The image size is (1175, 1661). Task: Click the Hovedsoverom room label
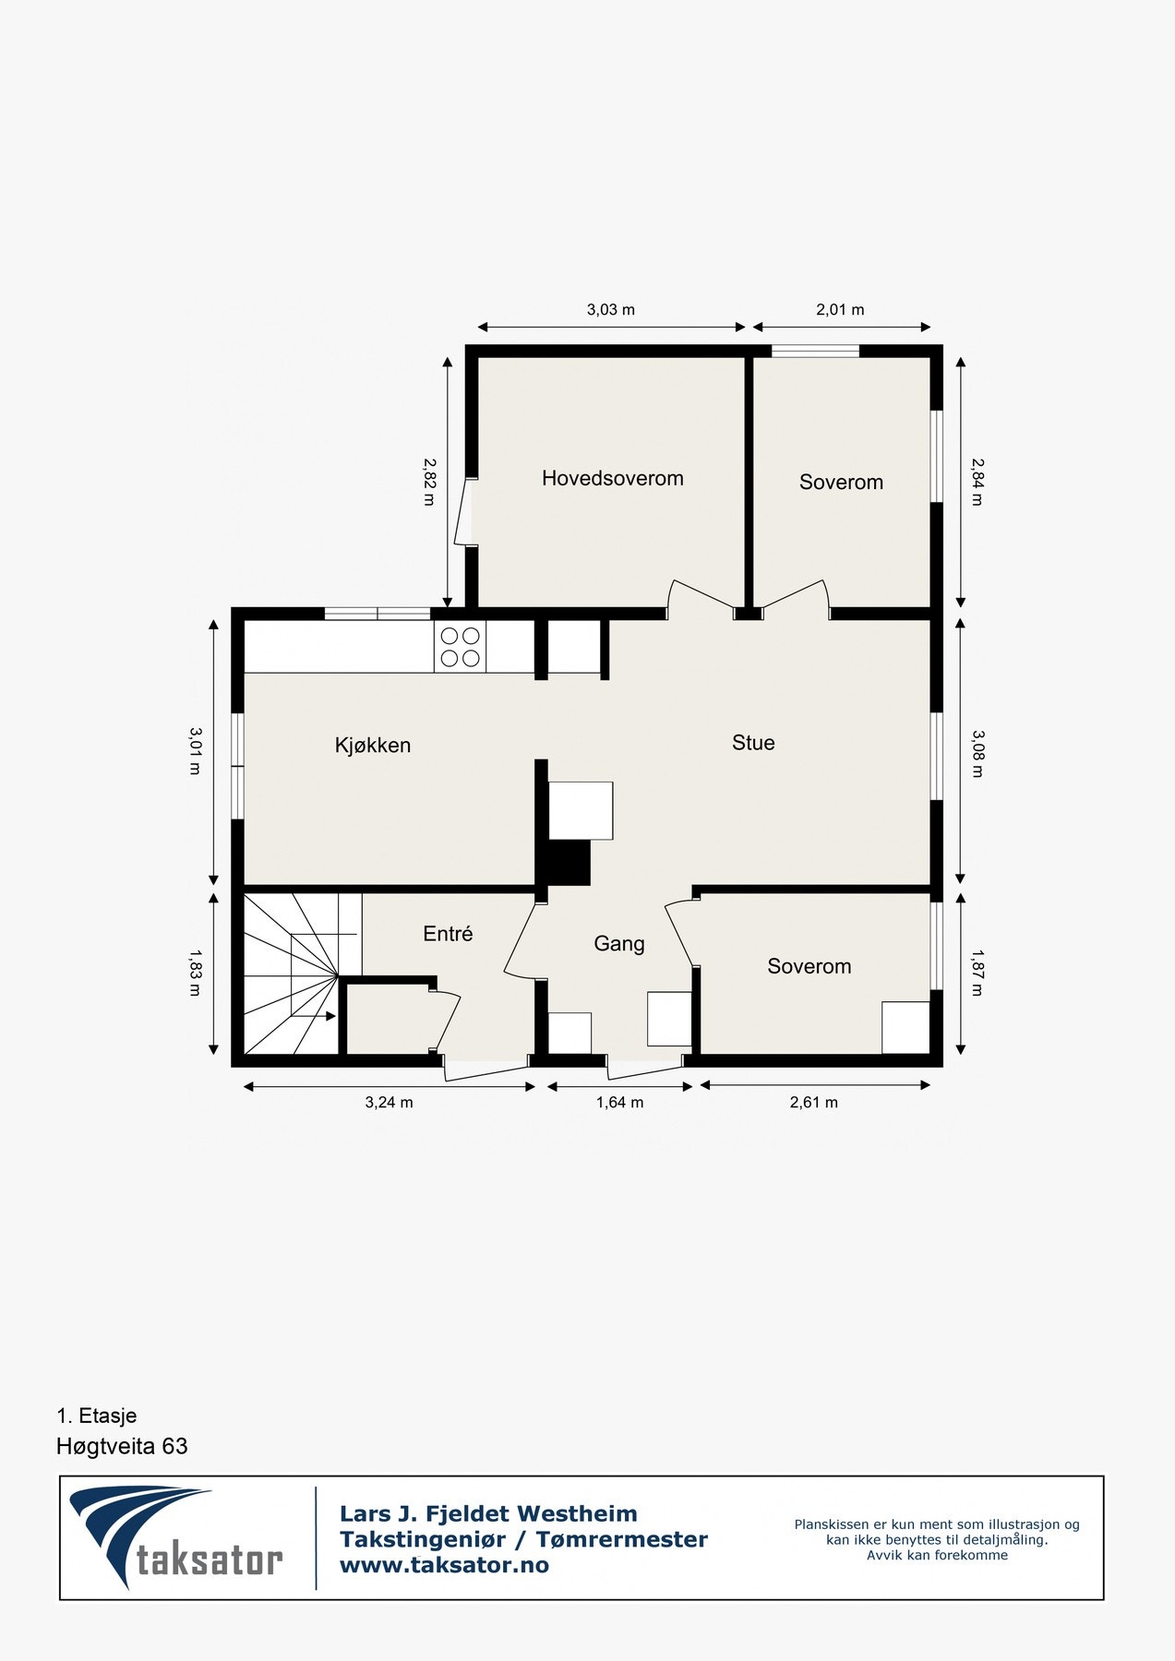(x=612, y=478)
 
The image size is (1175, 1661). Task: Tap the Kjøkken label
(x=372, y=745)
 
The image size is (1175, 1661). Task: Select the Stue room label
(x=753, y=743)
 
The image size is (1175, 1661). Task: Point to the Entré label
(x=448, y=934)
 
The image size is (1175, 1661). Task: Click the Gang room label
(x=618, y=943)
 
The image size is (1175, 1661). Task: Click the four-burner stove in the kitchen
(x=460, y=647)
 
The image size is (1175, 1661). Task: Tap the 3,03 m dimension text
(x=610, y=310)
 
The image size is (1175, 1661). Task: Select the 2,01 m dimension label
(x=840, y=310)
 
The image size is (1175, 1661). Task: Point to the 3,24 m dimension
(x=389, y=1102)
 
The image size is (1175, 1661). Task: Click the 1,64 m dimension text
(x=619, y=1102)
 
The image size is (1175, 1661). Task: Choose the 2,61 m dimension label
(x=813, y=1102)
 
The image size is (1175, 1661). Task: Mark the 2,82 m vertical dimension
(x=429, y=482)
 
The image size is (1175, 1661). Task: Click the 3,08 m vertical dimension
(x=977, y=753)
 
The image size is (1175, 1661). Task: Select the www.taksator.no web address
(x=444, y=1565)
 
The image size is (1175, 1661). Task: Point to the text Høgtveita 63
(x=122, y=1446)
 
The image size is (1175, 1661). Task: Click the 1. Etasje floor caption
(x=96, y=1416)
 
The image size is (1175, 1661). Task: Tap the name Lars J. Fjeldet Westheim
(x=488, y=1513)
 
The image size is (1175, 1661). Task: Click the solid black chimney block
(x=569, y=863)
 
